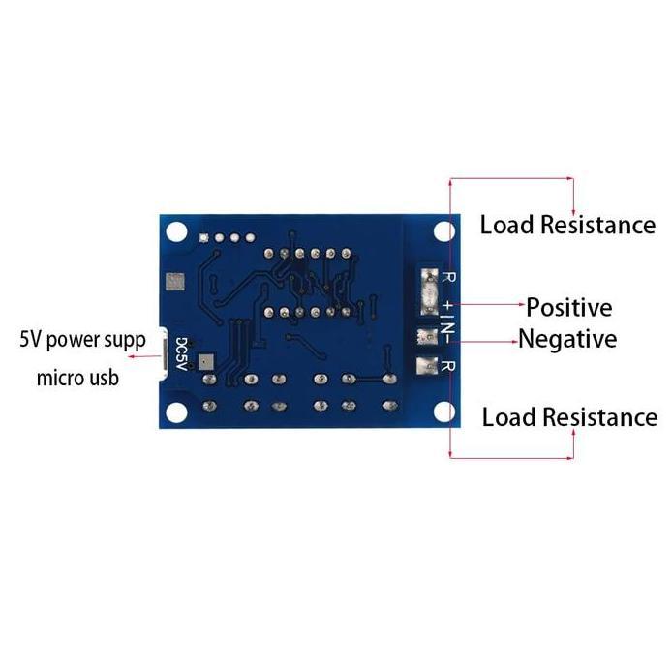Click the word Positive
coord(568,308)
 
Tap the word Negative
coord(567,339)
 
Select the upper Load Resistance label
coord(567,226)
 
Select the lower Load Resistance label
coord(569,417)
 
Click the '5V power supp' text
coord(82,340)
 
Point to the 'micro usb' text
coord(77,377)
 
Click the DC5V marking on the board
coord(181,353)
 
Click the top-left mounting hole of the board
coord(175,232)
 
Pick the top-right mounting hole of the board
coord(443,232)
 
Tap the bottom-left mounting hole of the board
coord(175,412)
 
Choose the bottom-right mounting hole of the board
coord(443,412)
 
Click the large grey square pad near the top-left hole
coord(175,282)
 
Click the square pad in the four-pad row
coord(203,237)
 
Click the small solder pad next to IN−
coord(424,337)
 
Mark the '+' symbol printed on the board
coord(448,306)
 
